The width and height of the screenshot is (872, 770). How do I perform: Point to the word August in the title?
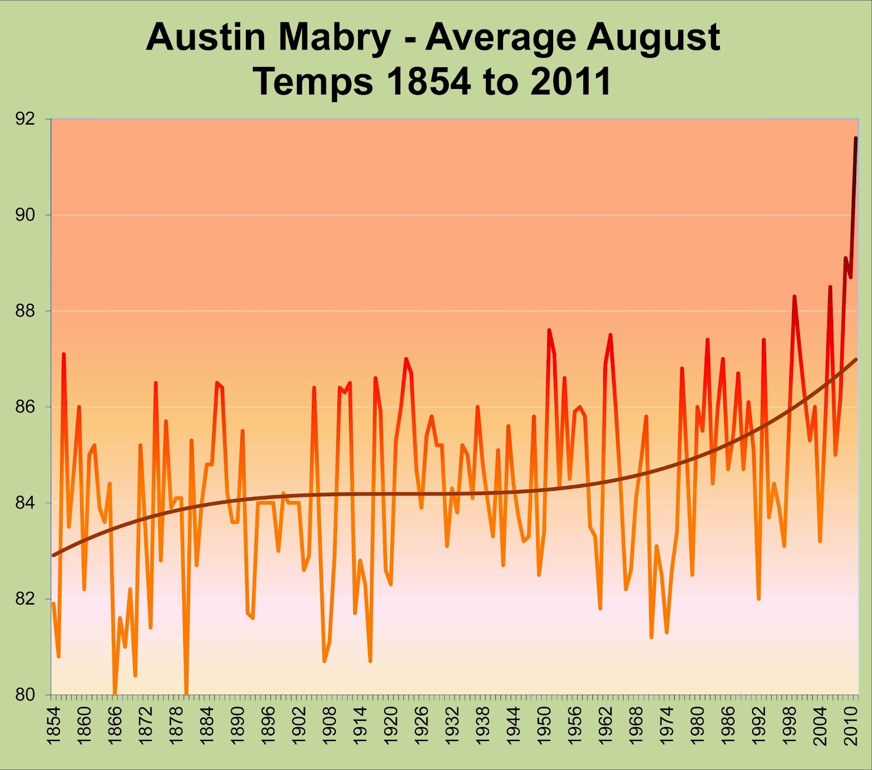click(653, 38)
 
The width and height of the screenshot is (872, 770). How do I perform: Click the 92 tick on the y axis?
click(25, 119)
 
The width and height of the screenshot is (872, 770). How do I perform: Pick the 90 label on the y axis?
click(25, 215)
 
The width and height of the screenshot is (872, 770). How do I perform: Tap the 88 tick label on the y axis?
click(25, 311)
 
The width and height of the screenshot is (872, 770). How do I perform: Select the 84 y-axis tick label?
click(25, 503)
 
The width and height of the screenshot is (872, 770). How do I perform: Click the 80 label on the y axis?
click(25, 695)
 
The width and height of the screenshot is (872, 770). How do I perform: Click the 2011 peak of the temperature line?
click(856, 139)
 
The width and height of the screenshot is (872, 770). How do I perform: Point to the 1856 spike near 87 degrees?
click(64, 354)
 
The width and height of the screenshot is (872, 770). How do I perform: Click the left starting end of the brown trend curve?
click(53, 555)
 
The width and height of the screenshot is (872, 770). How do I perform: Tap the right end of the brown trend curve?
click(856, 359)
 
